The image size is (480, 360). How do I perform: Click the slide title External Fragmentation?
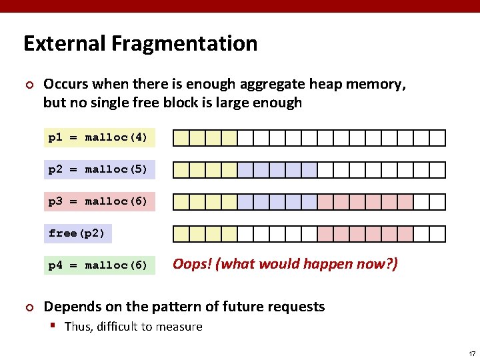(x=140, y=43)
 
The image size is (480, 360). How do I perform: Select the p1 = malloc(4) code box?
(x=99, y=137)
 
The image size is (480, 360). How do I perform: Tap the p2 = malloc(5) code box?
(x=99, y=169)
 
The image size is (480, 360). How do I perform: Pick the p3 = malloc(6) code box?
(x=99, y=201)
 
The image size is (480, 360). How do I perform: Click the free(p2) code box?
(x=77, y=233)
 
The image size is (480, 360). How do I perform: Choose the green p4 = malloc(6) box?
(x=99, y=265)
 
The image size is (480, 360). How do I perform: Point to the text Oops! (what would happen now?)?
(x=285, y=264)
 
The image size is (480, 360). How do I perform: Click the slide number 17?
(x=471, y=353)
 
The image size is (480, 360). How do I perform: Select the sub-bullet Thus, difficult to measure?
(x=133, y=327)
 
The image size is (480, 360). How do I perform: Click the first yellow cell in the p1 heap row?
(x=181, y=138)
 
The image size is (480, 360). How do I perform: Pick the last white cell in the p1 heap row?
(x=437, y=138)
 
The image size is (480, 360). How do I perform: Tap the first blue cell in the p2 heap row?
(x=245, y=170)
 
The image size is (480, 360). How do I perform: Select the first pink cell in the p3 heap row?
(x=325, y=202)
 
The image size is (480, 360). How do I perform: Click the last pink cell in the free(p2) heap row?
(x=405, y=234)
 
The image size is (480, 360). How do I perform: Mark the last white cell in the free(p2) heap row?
(x=437, y=234)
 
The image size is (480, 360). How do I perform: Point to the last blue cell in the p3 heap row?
(x=309, y=202)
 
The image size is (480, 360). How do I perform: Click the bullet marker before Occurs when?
(x=28, y=85)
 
